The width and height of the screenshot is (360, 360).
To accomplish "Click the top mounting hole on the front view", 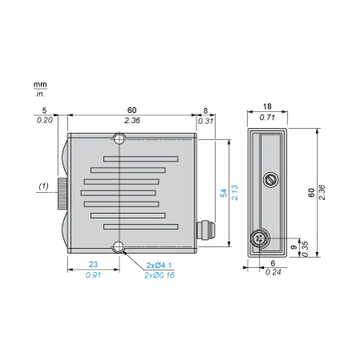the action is (119, 139).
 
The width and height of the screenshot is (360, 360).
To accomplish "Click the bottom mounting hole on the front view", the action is (118, 247).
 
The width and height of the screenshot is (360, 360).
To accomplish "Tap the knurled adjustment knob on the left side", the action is (62, 194).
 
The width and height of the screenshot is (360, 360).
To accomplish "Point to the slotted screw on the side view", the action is (271, 180).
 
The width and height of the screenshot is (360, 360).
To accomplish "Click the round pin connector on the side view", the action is (260, 238).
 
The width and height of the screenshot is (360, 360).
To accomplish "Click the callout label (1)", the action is (44, 186).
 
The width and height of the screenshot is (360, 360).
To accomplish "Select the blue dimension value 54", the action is (223, 193).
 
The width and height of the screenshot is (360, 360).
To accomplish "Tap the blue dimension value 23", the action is (93, 264).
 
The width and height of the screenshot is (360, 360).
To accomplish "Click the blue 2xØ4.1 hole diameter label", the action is (159, 266).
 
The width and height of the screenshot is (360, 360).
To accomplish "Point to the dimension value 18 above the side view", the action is (267, 106).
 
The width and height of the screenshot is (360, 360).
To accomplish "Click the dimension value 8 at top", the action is (206, 110).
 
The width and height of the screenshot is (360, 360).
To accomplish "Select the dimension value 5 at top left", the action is (44, 110).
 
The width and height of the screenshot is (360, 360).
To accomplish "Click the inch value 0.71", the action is (267, 118).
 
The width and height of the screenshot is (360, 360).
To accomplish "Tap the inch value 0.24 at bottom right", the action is (274, 272).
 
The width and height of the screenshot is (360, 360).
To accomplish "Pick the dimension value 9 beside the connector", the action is (294, 247).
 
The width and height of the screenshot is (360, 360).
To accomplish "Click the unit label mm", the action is (40, 84).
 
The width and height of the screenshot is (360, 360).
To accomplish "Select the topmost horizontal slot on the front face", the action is (141, 159).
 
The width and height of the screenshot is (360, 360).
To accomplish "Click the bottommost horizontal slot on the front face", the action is (141, 226).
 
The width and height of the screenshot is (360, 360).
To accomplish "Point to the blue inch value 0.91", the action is (93, 275).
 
